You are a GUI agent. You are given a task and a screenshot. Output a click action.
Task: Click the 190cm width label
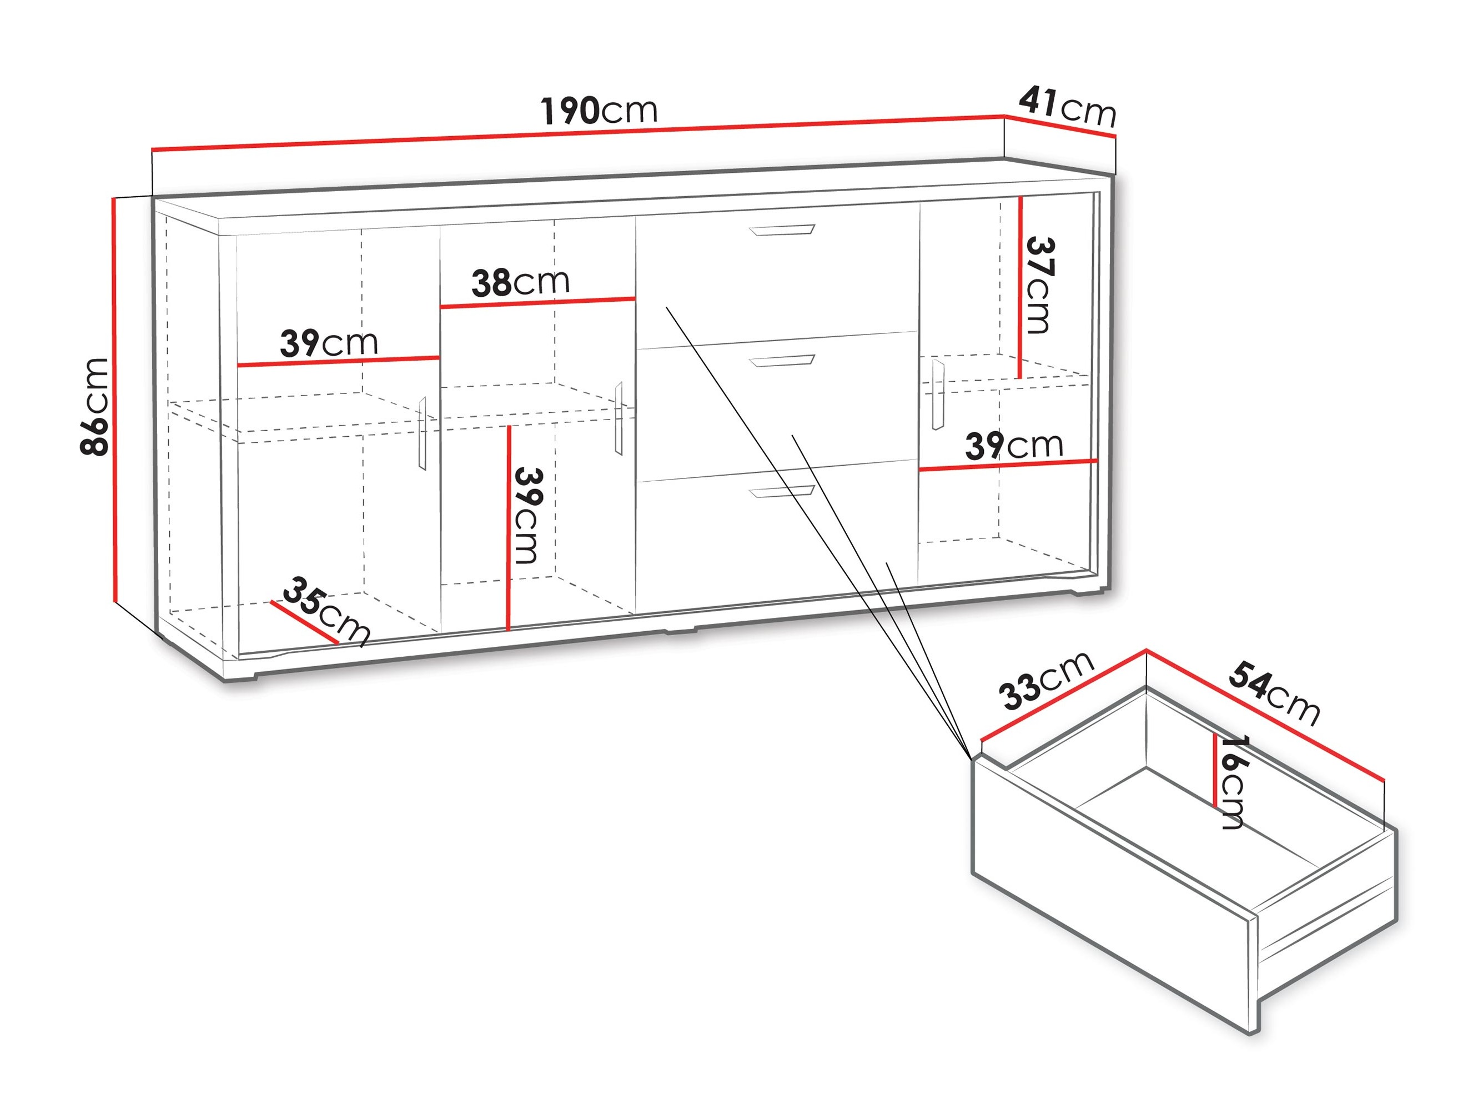click(x=599, y=111)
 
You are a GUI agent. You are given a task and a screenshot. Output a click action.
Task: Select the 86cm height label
click(x=94, y=407)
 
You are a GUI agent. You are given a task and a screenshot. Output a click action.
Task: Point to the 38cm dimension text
click(x=520, y=282)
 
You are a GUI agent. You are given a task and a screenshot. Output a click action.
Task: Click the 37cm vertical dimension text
click(x=1038, y=286)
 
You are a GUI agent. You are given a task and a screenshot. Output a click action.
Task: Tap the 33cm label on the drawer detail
click(x=1047, y=680)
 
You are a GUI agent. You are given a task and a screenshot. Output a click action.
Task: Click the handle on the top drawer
click(x=782, y=230)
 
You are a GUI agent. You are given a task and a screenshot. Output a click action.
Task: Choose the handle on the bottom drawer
click(x=782, y=492)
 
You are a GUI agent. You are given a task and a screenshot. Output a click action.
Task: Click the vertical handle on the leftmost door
click(x=423, y=433)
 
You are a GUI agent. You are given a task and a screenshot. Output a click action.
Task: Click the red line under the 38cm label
click(x=537, y=303)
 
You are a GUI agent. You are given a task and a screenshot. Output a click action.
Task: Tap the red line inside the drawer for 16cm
click(x=1215, y=770)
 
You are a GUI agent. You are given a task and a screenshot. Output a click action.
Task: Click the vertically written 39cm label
click(x=527, y=516)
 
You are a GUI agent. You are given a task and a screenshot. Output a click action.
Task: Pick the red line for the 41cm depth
click(x=1060, y=126)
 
